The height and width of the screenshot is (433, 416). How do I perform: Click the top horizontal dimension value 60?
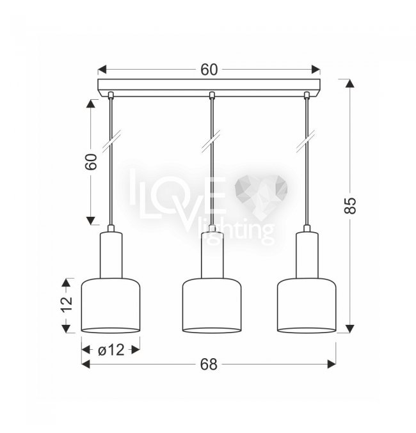click(x=209, y=70)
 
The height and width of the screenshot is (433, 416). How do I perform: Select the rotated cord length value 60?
click(x=92, y=162)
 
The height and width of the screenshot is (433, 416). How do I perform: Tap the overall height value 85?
click(x=350, y=205)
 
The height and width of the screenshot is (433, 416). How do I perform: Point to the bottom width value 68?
click(x=209, y=364)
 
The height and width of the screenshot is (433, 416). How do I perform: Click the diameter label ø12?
click(x=111, y=350)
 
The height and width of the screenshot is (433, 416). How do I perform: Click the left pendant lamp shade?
click(x=111, y=305)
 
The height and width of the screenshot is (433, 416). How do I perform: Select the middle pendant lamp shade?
click(x=212, y=305)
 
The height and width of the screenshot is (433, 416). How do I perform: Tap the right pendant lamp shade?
click(x=307, y=305)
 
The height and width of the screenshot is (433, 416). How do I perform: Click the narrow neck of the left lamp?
click(x=111, y=255)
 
